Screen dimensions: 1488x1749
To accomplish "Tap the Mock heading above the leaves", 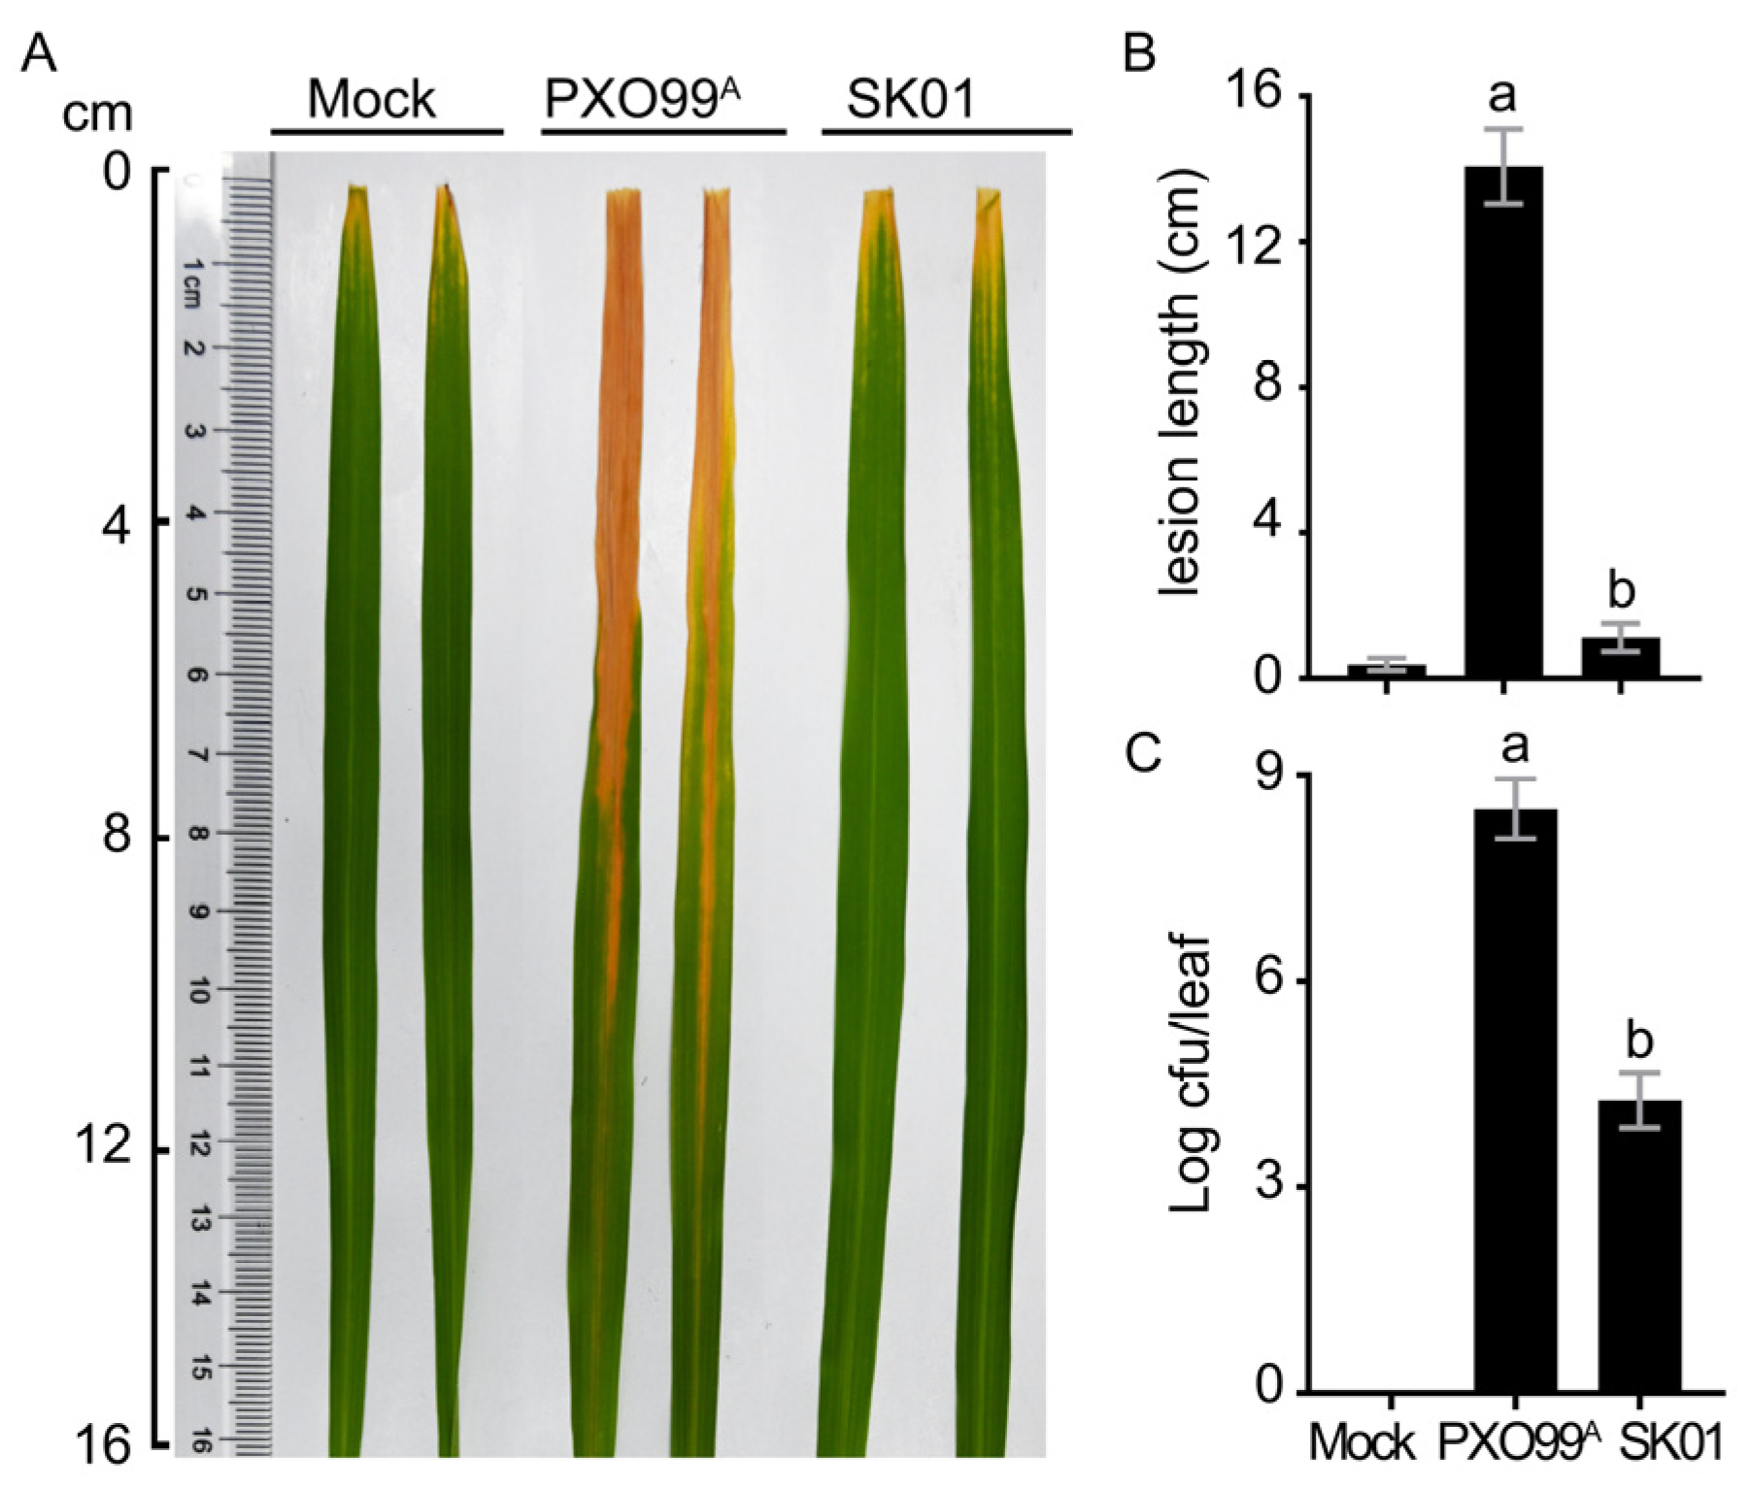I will click(x=371, y=100).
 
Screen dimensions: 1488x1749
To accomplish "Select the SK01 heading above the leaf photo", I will click(x=910, y=100).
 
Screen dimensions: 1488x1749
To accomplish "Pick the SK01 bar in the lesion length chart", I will click(x=1621, y=657).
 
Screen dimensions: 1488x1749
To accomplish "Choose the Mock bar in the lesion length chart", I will click(x=1385, y=670).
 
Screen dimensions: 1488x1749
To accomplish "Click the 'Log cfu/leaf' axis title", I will click(x=1191, y=1072).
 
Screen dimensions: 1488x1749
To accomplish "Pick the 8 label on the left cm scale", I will click(x=117, y=836).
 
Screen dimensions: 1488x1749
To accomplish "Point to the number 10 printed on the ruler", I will click(x=197, y=990).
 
